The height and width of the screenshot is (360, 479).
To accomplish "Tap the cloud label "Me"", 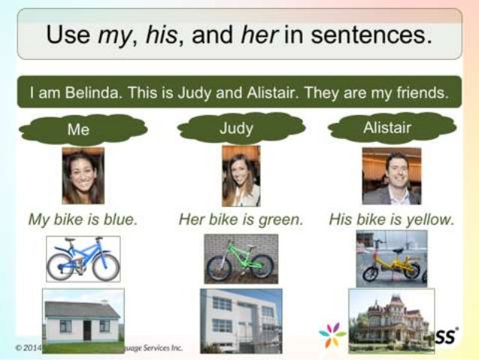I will coord(77,129).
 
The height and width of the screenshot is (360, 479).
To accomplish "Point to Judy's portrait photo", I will coord(240,176).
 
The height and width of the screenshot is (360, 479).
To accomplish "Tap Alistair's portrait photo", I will coord(391,176).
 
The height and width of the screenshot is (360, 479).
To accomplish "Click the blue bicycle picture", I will coord(83,259).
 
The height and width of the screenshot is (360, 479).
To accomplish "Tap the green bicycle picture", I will coord(240,259).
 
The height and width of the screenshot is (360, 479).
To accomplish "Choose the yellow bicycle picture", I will coord(391,259).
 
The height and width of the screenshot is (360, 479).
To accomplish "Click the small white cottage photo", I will coord(83,320).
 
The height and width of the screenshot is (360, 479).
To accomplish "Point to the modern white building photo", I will coord(240,320).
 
